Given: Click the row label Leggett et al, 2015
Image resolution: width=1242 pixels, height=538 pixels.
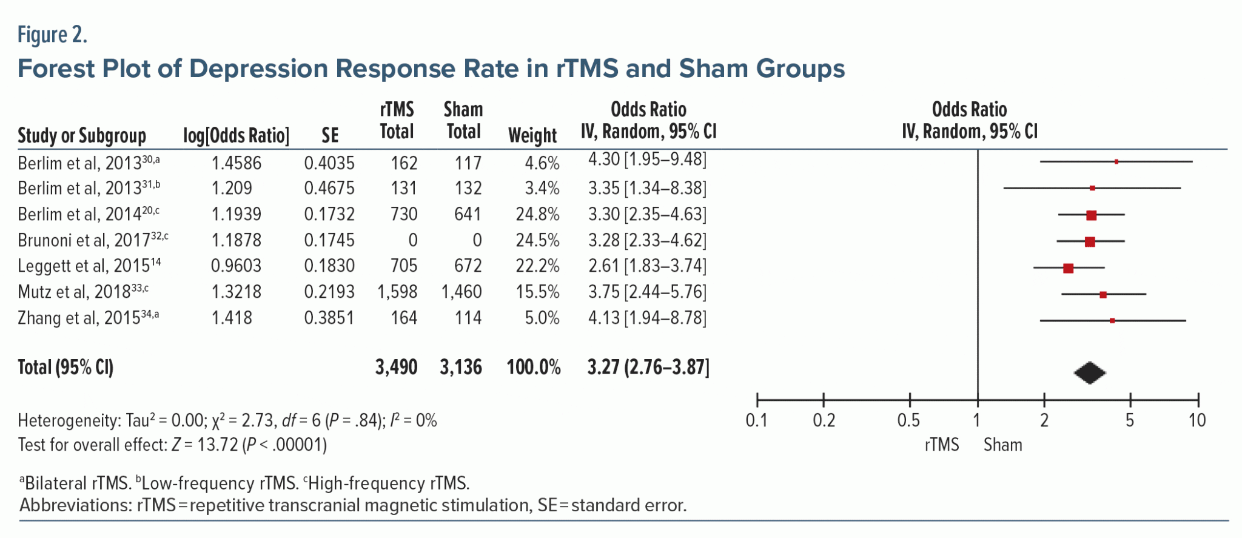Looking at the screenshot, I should [89, 266].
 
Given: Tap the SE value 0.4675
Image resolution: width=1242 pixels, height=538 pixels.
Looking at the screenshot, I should [329, 189].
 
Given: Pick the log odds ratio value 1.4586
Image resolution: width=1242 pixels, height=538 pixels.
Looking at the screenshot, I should [236, 163].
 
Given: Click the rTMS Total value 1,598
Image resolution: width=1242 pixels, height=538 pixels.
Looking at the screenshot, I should [397, 292].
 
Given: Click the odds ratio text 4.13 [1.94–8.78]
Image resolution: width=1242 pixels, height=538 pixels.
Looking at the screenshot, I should [647, 318].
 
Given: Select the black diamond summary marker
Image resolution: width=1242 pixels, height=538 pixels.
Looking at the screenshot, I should [1089, 373].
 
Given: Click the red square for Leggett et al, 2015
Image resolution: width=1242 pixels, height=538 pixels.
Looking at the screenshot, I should [1068, 268].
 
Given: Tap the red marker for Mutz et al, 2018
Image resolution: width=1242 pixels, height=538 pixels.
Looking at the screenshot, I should [1103, 295].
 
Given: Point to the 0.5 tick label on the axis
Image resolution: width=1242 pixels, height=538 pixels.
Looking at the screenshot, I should [908, 421].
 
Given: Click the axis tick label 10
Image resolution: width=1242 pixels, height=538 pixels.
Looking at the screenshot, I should [1197, 421].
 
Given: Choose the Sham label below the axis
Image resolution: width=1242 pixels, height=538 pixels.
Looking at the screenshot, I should [1002, 445].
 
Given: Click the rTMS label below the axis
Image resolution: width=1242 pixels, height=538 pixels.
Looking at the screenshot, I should [942, 445].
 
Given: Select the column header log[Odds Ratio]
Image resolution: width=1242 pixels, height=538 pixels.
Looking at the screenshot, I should [236, 136].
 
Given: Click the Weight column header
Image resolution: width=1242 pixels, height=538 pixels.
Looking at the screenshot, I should [532, 136].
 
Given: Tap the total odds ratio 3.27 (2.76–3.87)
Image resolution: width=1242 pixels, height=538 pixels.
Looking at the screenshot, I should [648, 368].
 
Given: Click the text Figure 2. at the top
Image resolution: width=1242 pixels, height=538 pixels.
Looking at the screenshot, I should [52, 35].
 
